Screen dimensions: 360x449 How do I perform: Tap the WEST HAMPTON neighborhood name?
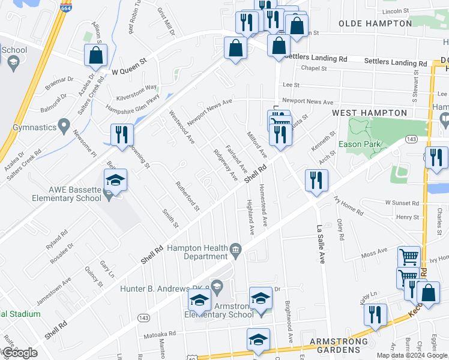pos(369,113)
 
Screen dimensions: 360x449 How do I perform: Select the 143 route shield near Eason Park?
pos(411,139)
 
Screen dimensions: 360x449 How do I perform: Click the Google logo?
pos(19,353)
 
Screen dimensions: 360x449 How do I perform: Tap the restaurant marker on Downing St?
pos(122,135)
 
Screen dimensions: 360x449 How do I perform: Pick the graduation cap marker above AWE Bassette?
pos(115,179)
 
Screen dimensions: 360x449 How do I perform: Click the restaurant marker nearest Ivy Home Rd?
pos(316,180)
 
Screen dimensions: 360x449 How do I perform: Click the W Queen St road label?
pos(129,70)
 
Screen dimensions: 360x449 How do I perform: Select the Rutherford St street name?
pos(187,196)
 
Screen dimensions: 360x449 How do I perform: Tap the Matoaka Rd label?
pos(159,334)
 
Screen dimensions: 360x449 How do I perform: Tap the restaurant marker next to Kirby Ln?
pos(375,314)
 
